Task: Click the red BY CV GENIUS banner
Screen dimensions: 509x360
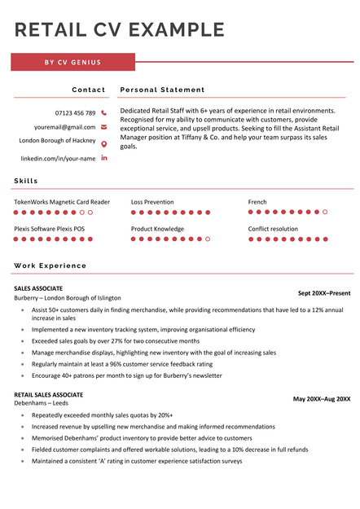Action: tap(72, 62)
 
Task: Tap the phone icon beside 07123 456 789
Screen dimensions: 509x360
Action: tap(103, 112)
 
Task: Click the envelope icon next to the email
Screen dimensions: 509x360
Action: tap(103, 127)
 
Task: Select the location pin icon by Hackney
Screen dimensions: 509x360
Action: tap(103, 143)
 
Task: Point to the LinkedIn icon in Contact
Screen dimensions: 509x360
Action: tap(103, 158)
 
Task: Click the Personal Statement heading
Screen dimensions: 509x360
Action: tap(162, 90)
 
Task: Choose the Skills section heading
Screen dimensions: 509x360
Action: tap(26, 181)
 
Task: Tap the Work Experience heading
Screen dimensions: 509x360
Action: tap(50, 265)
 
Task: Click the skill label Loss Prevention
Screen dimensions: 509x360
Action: tap(152, 202)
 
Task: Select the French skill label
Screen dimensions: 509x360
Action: tap(257, 202)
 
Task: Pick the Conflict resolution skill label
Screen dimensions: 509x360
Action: tap(273, 229)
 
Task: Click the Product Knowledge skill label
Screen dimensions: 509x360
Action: tap(157, 229)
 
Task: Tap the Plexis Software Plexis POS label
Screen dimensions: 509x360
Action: tap(49, 229)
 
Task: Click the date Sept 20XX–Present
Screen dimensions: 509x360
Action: tap(323, 293)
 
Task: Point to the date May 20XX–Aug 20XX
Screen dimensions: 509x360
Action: tap(322, 399)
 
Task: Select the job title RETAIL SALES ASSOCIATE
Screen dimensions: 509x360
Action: tap(48, 394)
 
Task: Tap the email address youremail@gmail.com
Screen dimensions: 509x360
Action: tap(64, 127)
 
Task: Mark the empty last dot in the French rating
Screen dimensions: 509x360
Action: tap(325, 212)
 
